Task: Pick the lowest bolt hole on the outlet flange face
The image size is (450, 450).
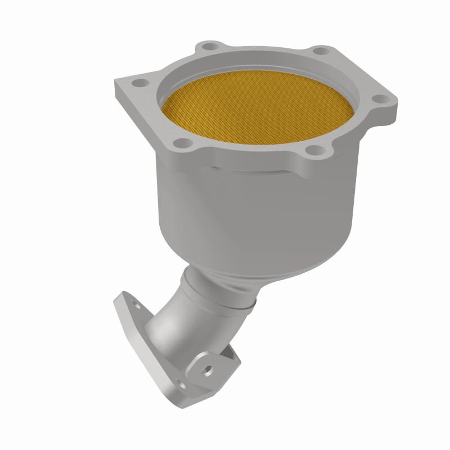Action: [x=181, y=384]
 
